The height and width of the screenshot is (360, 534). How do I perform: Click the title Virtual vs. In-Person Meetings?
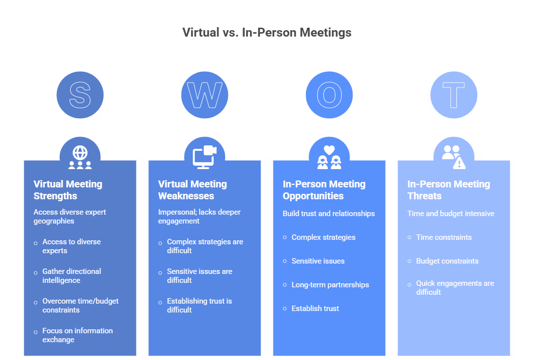point(267,33)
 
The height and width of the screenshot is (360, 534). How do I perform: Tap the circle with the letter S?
point(80,95)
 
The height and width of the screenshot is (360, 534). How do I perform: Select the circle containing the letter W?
point(205,95)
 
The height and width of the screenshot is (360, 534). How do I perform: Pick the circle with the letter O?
point(329,95)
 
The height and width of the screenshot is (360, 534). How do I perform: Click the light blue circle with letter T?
point(454,95)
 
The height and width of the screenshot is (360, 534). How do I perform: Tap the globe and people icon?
point(80,157)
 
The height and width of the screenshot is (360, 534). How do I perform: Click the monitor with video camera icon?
point(205,157)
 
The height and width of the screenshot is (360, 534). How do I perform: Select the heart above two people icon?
point(329,157)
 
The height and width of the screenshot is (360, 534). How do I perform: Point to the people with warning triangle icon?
point(454,157)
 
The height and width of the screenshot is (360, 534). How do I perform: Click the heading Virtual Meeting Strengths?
point(68,190)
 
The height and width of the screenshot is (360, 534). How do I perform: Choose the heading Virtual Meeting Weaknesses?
point(193,190)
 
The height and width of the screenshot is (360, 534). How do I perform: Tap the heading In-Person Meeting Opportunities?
point(324,190)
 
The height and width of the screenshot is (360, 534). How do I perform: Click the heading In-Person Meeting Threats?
point(449,190)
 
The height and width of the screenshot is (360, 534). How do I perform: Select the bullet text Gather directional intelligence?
point(72,276)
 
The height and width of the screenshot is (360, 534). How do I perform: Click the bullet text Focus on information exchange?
point(77,335)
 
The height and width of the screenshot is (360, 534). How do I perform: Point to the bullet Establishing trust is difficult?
point(199,306)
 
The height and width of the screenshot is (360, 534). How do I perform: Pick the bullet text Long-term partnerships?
point(330,285)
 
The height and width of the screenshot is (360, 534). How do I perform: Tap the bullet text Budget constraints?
point(447,261)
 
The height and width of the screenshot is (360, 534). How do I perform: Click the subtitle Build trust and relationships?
point(329,214)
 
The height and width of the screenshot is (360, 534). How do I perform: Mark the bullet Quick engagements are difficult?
point(455,288)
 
